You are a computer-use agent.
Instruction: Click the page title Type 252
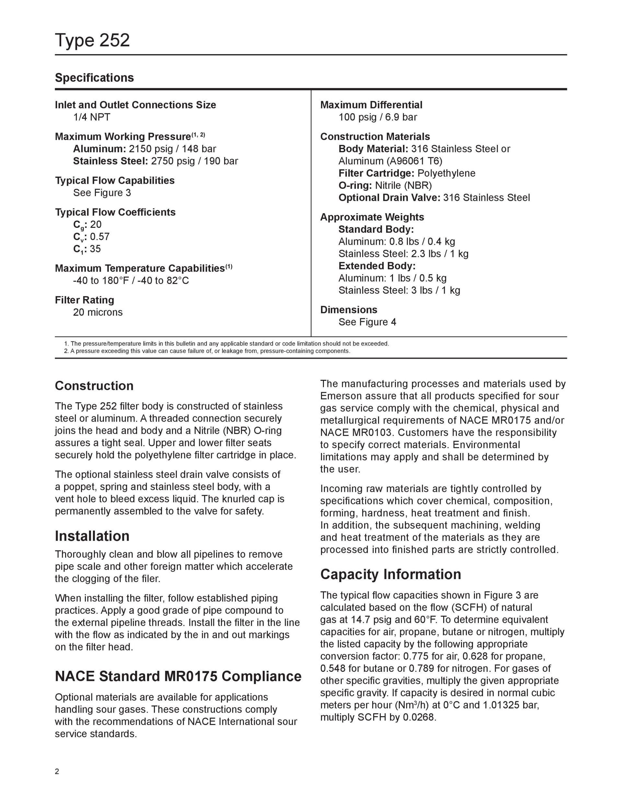pos(92,40)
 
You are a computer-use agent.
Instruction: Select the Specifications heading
pos(94,78)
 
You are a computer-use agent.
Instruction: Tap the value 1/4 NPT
pos(92,117)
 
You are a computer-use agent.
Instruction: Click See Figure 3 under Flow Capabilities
pos(102,193)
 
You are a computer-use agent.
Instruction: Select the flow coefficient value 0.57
pos(100,237)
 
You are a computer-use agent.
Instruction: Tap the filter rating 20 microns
pos(98,312)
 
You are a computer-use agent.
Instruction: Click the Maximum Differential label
pos(371,105)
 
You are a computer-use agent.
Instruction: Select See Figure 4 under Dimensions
pos(367,322)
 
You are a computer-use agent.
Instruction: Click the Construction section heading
pos(94,386)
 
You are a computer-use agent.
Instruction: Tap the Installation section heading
pos(92,536)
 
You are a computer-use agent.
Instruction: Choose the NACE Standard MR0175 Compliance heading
pos(178,676)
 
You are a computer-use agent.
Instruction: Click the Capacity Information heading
pos(391,574)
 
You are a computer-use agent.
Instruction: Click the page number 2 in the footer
pos(57,771)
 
